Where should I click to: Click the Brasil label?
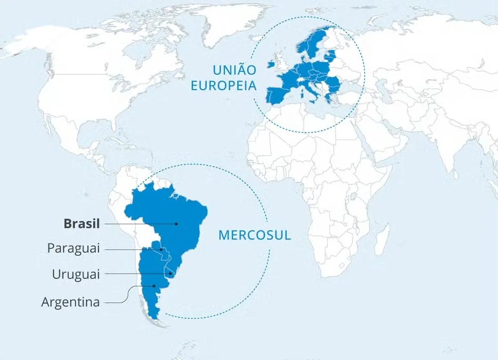tap(82, 223)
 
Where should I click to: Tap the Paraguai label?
tap(73, 248)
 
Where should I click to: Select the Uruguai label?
tap(76, 274)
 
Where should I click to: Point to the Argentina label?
tap(70, 302)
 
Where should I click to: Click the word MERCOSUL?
tap(255, 235)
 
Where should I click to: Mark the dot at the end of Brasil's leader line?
tap(177, 224)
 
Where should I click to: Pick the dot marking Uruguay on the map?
tap(171, 274)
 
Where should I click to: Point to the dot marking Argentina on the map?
tap(154, 286)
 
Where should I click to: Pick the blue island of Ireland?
tap(272, 64)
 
